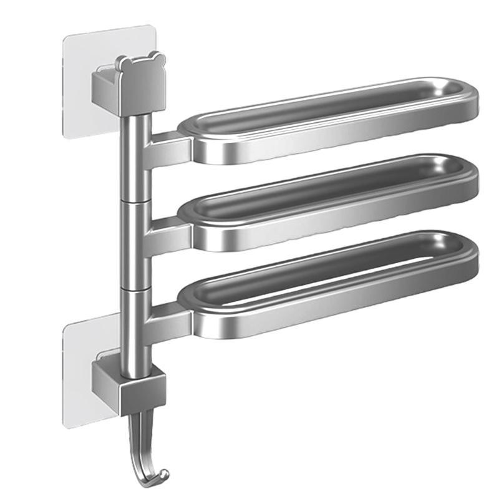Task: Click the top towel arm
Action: click(x=331, y=122)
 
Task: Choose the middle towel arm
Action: click(x=331, y=203)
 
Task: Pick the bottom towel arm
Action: click(x=331, y=287)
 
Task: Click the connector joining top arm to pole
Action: click(x=168, y=147)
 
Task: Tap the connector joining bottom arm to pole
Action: click(x=168, y=318)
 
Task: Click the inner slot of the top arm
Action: click(x=324, y=106)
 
